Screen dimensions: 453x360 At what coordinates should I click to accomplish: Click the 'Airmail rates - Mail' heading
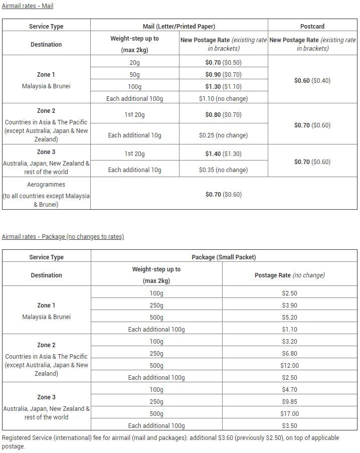[x=28, y=6]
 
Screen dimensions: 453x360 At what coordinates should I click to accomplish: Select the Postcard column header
[x=312, y=26]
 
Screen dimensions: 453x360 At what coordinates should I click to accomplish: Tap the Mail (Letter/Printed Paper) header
[x=179, y=26]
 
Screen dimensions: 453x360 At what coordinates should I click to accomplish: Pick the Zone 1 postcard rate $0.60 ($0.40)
[x=312, y=80]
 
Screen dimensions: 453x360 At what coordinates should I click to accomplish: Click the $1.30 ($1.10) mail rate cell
[x=223, y=87]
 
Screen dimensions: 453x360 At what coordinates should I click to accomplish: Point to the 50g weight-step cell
[x=134, y=75]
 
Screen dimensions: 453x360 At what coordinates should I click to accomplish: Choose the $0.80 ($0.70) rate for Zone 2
[x=223, y=115]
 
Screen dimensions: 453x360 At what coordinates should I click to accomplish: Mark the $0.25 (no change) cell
[x=223, y=135]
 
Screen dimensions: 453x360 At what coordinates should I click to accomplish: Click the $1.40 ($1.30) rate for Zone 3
[x=223, y=154]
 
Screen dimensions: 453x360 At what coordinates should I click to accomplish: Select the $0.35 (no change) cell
[x=223, y=170]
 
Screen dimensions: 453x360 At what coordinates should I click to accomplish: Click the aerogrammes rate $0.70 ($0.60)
[x=223, y=195]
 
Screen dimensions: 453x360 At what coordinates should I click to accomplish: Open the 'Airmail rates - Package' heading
[x=63, y=237]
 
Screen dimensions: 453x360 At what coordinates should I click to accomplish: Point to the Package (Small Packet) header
[x=224, y=257]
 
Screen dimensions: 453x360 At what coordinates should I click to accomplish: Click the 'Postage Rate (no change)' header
[x=289, y=275]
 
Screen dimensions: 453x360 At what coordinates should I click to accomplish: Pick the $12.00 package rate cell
[x=289, y=366]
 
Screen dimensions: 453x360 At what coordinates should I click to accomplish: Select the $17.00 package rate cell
[x=289, y=414]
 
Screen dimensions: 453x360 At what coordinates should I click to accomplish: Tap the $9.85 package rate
[x=289, y=402]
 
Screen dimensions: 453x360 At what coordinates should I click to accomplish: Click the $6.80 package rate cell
[x=289, y=354]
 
